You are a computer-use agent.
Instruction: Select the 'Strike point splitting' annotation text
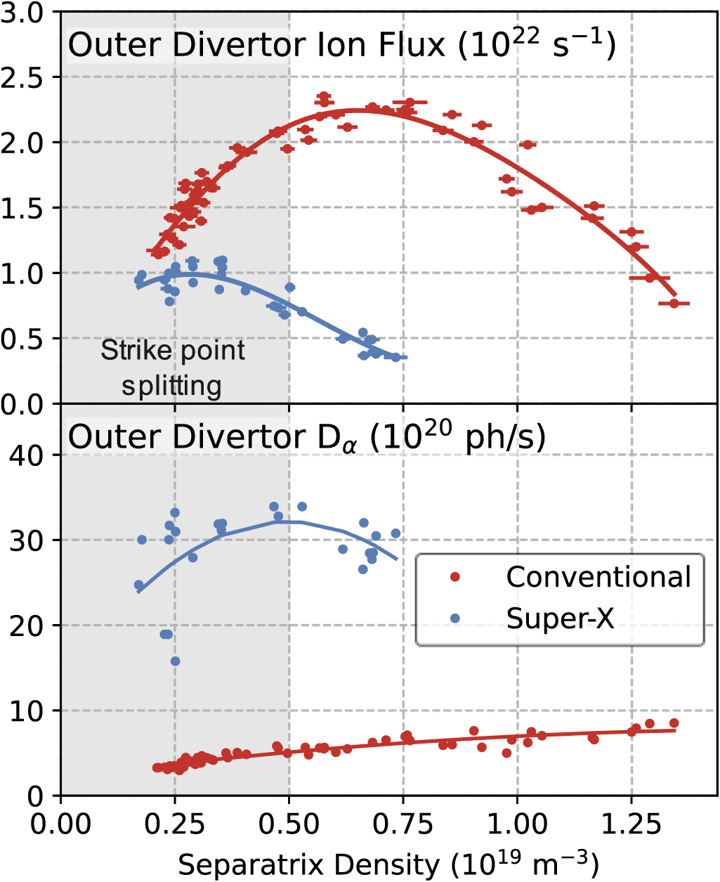click(172, 368)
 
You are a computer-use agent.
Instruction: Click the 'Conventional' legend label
click(598, 577)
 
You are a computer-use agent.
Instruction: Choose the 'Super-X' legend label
click(560, 618)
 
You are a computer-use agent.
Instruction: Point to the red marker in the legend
click(455, 577)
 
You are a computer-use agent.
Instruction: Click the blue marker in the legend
click(455, 618)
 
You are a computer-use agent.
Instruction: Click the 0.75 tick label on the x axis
click(403, 823)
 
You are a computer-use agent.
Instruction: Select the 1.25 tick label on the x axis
click(631, 823)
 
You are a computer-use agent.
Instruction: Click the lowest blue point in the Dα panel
click(176, 661)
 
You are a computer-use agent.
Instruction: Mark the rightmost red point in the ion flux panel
click(674, 304)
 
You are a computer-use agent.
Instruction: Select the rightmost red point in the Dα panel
click(674, 723)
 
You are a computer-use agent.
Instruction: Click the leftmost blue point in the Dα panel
click(139, 585)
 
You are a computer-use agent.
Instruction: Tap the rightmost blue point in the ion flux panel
click(396, 357)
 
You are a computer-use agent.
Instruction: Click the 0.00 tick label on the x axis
click(61, 823)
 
